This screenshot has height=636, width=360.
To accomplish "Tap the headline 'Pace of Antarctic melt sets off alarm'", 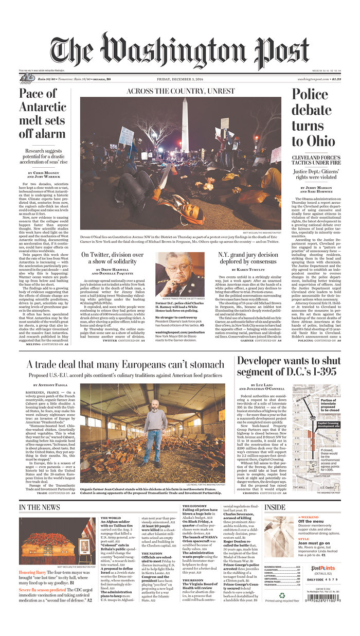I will point(43,114).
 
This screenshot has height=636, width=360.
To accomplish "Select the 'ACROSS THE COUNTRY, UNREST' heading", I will point(180,91).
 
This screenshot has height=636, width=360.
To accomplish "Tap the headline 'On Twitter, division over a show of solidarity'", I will point(113,258).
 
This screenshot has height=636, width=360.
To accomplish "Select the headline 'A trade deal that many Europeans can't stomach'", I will point(125,364).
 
